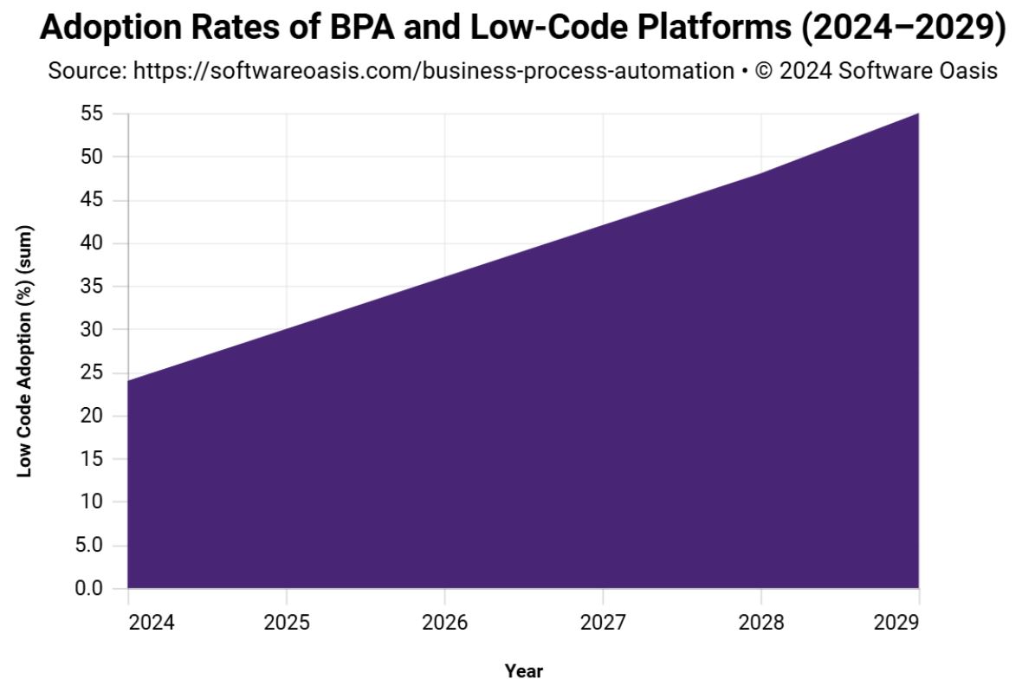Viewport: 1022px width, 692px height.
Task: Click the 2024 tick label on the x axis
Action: coord(152,622)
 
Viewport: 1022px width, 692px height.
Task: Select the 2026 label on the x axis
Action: coord(444,622)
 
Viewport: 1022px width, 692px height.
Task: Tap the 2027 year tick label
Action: coord(603,622)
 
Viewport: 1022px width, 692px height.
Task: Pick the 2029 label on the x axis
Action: coord(897,622)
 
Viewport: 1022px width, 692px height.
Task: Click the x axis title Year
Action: coord(523,670)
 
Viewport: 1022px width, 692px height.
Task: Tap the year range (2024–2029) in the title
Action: coord(903,29)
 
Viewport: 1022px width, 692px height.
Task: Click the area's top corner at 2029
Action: coord(918,113)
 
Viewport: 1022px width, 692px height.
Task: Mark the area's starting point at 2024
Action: coord(128,381)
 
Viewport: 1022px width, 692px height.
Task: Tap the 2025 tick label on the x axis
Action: coord(286,622)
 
